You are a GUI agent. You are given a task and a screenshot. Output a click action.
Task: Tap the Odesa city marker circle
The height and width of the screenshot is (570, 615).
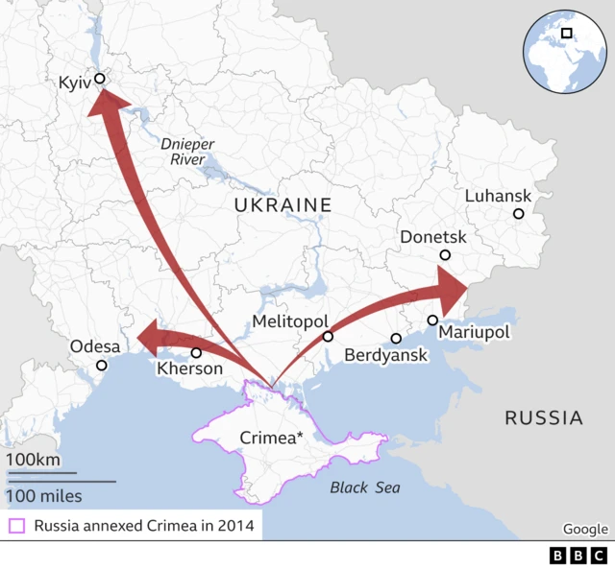(102, 365)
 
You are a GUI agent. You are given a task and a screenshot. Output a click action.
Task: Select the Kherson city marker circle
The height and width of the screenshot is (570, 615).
(196, 352)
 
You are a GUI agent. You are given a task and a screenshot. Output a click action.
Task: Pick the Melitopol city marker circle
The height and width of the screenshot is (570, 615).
(328, 337)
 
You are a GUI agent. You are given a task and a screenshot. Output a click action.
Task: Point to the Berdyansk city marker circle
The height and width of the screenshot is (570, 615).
(396, 339)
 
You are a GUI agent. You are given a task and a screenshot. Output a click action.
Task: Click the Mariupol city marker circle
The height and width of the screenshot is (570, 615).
(432, 320)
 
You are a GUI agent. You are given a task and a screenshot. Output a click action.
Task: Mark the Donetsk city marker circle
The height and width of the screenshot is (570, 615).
(445, 255)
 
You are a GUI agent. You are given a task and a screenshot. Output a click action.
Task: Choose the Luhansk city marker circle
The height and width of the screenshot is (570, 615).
(518, 214)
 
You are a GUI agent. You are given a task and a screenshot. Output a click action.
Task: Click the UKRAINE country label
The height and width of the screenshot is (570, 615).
(283, 204)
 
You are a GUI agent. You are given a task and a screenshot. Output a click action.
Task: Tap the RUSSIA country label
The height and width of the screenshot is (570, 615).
(544, 417)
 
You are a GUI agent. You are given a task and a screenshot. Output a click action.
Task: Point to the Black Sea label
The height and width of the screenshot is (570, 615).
(365, 487)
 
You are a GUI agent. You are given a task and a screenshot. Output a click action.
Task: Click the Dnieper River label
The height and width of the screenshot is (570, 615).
(187, 152)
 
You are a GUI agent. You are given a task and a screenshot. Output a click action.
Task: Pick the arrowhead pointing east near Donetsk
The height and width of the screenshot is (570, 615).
(452, 286)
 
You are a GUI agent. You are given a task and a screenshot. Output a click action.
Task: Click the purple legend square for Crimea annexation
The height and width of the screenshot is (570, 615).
(16, 525)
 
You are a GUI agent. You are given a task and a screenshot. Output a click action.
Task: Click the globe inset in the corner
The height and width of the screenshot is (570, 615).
(566, 47)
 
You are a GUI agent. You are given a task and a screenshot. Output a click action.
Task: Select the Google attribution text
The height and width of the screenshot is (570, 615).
(585, 529)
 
